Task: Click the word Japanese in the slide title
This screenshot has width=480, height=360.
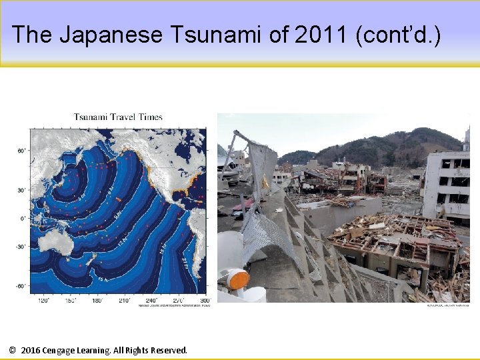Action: point(111,34)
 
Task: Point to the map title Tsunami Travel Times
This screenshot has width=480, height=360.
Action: point(118,117)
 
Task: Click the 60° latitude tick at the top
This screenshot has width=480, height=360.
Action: point(21,151)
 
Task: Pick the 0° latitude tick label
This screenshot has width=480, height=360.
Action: point(23,218)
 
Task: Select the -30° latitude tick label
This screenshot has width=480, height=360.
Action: point(21,247)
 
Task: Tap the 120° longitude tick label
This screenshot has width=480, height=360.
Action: point(44,301)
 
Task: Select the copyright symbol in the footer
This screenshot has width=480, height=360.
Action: point(13,350)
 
